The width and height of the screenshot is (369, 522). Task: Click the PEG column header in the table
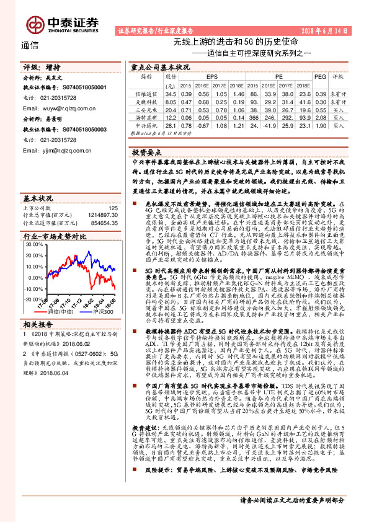pos(320,77)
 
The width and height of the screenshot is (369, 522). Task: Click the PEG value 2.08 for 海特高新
pos(321,117)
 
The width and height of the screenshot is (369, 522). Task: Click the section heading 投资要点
pos(147,151)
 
